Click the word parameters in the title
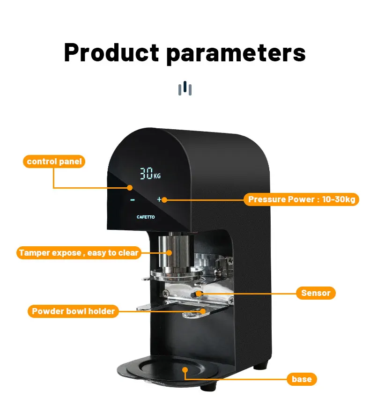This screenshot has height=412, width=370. coord(236,53)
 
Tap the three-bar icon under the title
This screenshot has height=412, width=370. coord(185,88)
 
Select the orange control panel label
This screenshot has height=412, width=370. coord(54,162)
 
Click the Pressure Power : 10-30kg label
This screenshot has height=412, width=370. coord(302,199)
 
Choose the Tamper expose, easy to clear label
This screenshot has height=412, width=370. coord(79,253)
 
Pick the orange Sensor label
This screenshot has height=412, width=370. coord(316,293)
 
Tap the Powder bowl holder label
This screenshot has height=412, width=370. coord(73,311)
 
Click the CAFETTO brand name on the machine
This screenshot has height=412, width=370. coord(146,217)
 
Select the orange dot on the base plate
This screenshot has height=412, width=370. coord(185,369)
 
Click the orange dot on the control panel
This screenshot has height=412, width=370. coord(130,187)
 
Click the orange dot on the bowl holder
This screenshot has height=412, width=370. coord(204,310)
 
